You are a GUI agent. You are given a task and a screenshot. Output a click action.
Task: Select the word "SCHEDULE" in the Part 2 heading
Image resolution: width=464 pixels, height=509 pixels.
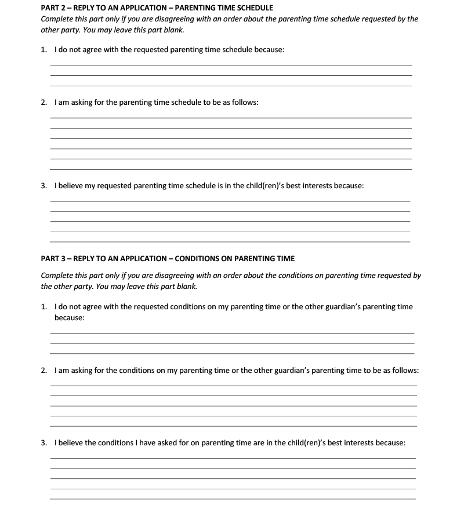(250, 8)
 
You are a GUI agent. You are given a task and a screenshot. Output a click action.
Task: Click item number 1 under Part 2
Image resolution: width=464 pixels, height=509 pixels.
(43, 50)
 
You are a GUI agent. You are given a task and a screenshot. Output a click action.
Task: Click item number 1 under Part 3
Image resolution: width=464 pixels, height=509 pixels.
(43, 307)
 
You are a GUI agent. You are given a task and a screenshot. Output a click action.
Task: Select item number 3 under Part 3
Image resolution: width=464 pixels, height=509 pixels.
(43, 443)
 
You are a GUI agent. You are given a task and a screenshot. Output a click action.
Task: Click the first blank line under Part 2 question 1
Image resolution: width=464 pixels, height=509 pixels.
(231, 65)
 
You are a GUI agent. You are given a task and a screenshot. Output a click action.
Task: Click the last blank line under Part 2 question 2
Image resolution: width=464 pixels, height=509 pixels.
(231, 169)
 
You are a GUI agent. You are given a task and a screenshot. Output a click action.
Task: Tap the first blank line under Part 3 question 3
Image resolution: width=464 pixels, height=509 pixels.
(232, 457)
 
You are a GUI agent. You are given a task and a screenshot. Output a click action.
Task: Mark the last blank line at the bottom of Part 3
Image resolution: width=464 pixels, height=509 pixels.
(232, 499)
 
